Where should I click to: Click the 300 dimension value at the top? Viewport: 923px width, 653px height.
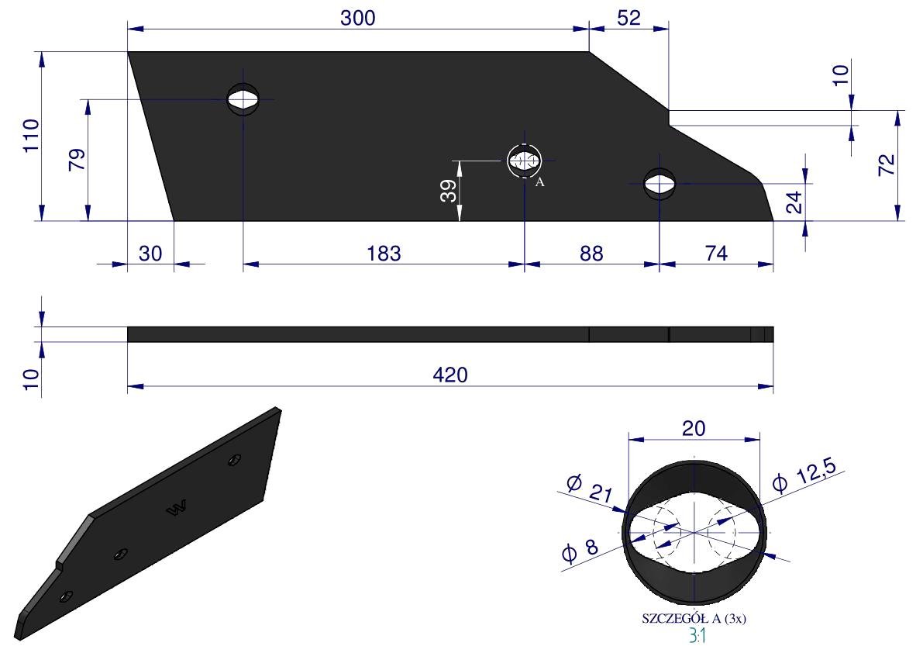tap(358, 18)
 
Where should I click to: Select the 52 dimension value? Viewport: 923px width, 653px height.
tap(628, 18)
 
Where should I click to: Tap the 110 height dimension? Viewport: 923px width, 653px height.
tap(31, 136)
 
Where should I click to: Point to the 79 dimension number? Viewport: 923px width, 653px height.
tap(77, 160)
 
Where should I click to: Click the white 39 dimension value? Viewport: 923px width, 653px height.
tap(449, 191)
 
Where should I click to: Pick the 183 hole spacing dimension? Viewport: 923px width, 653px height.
tap(384, 253)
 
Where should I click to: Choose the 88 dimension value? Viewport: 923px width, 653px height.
tap(591, 253)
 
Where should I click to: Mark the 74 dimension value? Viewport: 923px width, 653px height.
tap(716, 253)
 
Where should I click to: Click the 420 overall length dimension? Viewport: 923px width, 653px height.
tap(450, 375)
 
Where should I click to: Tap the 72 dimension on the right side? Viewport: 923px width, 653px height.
tap(887, 164)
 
